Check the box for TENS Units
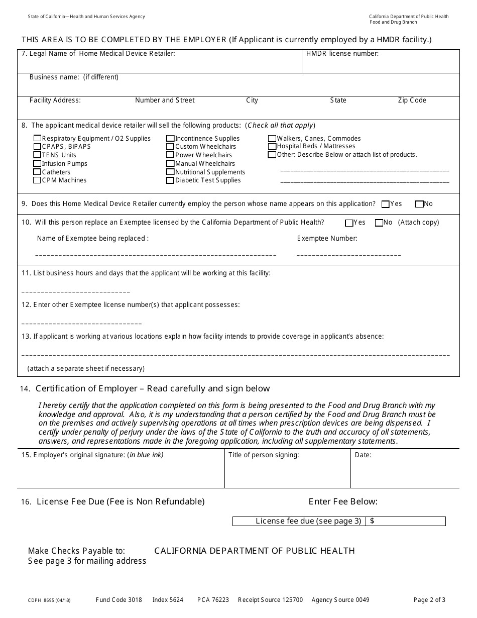pyautogui.click(x=37, y=155)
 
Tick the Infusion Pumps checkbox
pyautogui.click(x=37, y=164)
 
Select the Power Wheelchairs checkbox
pyautogui.click(x=171, y=155)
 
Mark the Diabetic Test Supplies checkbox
pyautogui.click(x=171, y=180)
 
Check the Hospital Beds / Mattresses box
pyautogui.click(x=272, y=147)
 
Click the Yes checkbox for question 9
pyautogui.click(x=386, y=204)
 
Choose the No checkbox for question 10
pyautogui.click(x=379, y=223)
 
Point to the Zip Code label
pyautogui.click(x=412, y=100)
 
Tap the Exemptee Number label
pyautogui.click(x=327, y=239)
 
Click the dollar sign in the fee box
pyautogui.click(x=372, y=521)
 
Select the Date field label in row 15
pyautogui.click(x=363, y=455)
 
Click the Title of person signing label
pyautogui.click(x=264, y=455)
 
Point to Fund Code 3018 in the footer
pyautogui.click(x=118, y=600)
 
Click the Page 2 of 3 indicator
pyautogui.click(x=429, y=600)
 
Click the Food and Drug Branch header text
pyautogui.click(x=393, y=23)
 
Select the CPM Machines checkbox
pyautogui.click(x=37, y=180)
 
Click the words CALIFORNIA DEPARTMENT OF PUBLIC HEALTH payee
pyautogui.click(x=254, y=551)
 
